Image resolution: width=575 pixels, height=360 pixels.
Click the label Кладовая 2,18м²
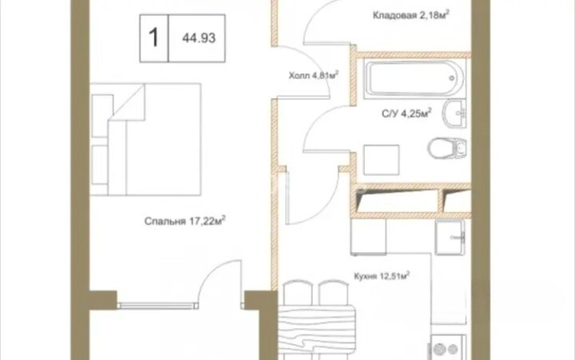coord(411,15)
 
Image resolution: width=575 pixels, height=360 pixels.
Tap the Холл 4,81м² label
coord(313,75)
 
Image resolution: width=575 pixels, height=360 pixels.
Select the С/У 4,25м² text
coord(406,113)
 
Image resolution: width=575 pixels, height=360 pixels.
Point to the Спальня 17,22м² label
coord(184,220)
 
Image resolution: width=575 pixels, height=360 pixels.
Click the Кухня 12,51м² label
coord(382,275)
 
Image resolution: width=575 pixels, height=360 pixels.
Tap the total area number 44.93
coord(199,38)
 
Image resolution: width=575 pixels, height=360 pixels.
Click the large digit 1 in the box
coord(153,38)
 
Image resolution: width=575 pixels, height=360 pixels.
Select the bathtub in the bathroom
coord(414,78)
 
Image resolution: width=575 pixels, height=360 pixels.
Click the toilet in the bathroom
coord(447,148)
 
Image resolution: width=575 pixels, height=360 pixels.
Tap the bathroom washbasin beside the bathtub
coord(454,113)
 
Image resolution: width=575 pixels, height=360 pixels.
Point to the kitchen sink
coord(450,238)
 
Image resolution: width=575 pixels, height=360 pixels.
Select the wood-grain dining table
coord(317,329)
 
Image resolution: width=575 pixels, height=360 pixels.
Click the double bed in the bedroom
coord(145,140)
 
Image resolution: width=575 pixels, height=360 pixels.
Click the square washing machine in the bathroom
coord(382,160)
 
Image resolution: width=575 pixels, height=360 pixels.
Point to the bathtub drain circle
coord(452,78)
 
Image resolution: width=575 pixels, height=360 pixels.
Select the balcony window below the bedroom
coord(158,305)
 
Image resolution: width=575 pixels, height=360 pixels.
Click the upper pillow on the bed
coord(102,116)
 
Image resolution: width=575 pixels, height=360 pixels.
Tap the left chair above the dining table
coord(298,292)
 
